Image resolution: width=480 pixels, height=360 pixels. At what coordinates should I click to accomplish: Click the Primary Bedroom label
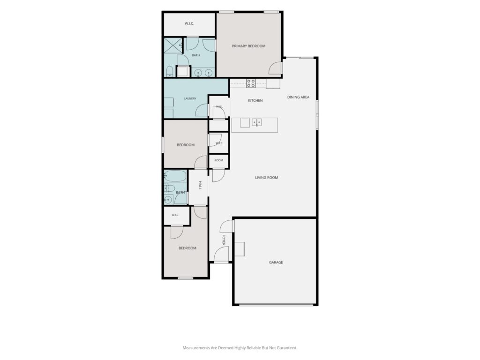click(x=248, y=46)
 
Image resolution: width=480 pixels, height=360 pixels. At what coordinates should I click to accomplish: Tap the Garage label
click(x=276, y=262)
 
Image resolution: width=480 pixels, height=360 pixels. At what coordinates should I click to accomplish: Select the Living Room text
click(x=267, y=178)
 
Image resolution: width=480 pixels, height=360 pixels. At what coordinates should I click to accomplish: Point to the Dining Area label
click(x=298, y=97)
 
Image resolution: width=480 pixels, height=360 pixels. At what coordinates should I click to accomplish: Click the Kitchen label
click(x=255, y=100)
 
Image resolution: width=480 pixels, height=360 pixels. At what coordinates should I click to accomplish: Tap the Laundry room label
click(x=190, y=98)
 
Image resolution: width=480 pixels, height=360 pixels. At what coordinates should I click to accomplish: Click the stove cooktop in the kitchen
click(x=251, y=83)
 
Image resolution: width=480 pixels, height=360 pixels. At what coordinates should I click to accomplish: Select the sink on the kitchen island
click(x=257, y=122)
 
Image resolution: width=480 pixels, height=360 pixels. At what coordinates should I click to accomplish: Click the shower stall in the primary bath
click(x=173, y=46)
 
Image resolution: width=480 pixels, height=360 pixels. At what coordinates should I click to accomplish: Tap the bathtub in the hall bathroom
click(x=175, y=176)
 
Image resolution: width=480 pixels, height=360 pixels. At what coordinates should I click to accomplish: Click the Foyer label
click(x=224, y=240)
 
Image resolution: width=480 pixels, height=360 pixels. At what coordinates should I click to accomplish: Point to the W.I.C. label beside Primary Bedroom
click(x=189, y=23)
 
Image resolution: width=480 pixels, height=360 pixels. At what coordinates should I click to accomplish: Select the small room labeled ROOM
click(x=218, y=160)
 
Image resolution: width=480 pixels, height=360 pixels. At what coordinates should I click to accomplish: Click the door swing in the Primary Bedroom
click(x=275, y=68)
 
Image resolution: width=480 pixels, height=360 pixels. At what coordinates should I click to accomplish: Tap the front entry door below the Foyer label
click(x=221, y=255)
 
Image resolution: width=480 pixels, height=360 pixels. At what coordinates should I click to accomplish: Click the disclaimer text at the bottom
click(x=240, y=348)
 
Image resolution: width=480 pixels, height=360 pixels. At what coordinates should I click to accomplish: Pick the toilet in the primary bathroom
click(x=169, y=72)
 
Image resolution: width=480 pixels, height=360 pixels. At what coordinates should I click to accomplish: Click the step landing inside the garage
click(x=240, y=249)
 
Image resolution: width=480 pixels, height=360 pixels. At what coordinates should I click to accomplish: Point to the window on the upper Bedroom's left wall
click(x=163, y=144)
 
